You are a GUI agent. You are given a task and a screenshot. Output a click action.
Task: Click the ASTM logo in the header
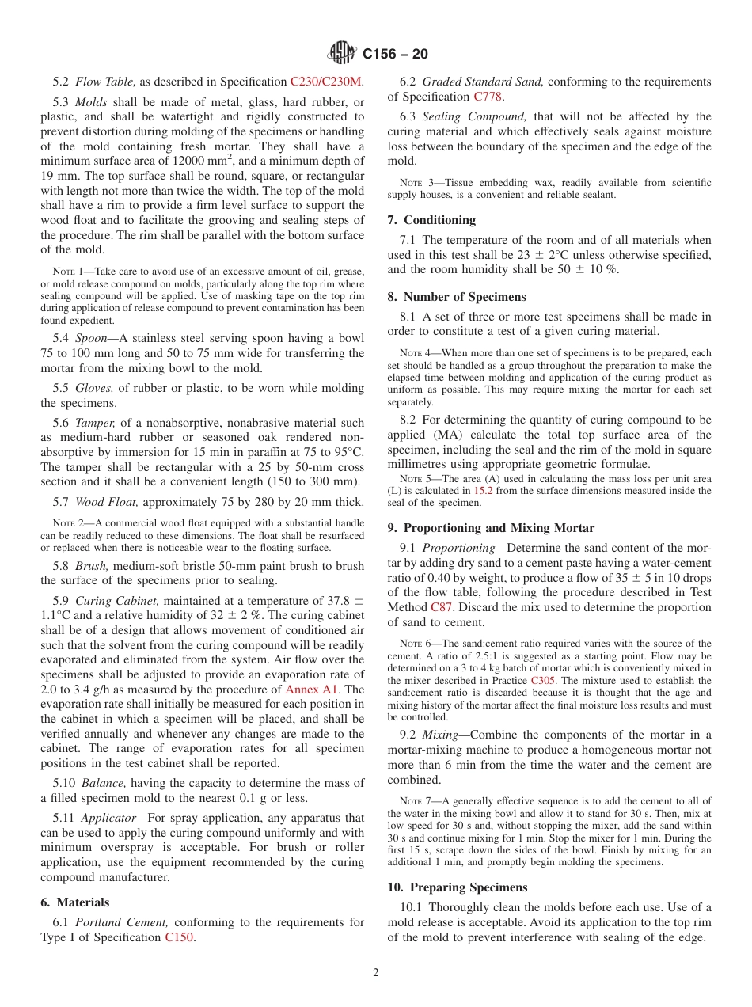[x=342, y=53]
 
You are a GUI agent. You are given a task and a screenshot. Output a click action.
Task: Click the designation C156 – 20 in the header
[x=395, y=54]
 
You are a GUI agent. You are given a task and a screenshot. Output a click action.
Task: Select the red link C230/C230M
[x=326, y=82]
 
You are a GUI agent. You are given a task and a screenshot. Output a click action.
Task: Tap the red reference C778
[x=488, y=97]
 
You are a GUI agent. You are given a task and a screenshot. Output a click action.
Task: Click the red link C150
[x=180, y=937]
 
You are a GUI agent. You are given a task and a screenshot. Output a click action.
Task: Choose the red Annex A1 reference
[x=313, y=689]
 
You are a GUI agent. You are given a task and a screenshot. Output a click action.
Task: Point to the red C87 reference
[x=444, y=607]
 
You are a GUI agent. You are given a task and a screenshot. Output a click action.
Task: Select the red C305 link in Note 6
[x=542, y=681]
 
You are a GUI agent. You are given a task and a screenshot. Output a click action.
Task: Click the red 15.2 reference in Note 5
[x=483, y=491]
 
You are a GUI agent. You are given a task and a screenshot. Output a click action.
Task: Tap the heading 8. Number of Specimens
[x=457, y=297]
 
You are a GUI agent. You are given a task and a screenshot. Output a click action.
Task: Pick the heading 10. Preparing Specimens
[x=458, y=887]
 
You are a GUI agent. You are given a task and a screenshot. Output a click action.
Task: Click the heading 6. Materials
[x=75, y=902]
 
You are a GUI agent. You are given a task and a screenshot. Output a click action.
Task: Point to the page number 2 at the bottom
[x=376, y=973]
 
